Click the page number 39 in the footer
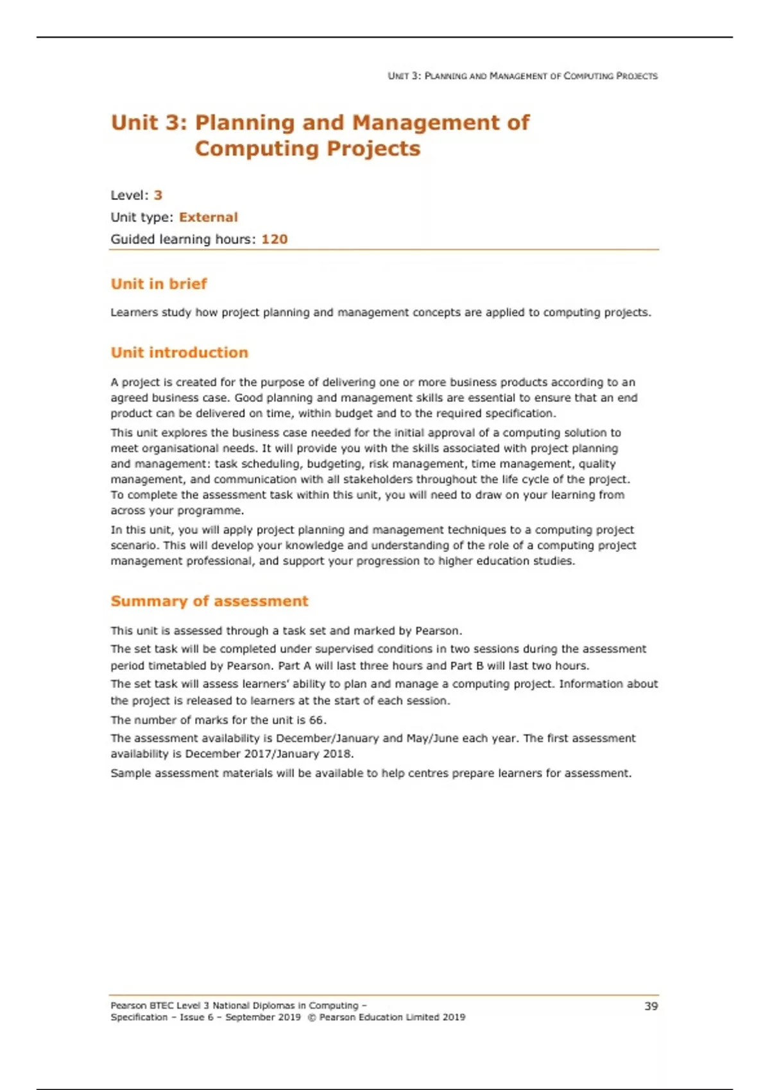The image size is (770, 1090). tap(651, 1006)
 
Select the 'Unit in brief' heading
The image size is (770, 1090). tap(158, 283)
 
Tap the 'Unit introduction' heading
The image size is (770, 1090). tap(179, 352)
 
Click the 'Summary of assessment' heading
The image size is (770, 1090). tap(209, 601)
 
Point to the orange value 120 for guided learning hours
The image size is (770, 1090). tap(275, 239)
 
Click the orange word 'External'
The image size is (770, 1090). tap(208, 217)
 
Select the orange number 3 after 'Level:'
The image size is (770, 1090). tap(158, 195)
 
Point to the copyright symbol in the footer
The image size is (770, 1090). tap(311, 1017)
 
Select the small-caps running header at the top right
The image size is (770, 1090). tap(522, 76)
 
